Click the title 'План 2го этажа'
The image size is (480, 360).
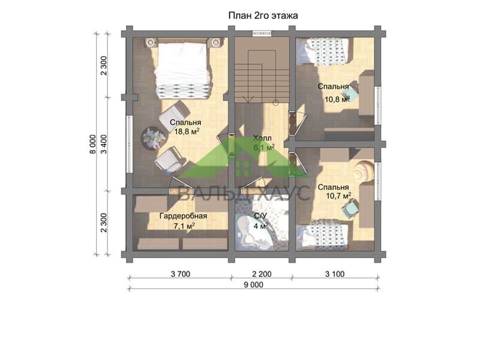[263, 16]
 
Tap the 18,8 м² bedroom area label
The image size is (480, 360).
[187, 131]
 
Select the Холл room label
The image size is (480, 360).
[262, 138]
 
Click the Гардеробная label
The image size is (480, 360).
[183, 216]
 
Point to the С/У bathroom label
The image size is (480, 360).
[260, 216]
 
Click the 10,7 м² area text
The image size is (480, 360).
[338, 196]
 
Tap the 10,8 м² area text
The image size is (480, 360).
[337, 99]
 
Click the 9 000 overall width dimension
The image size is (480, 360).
[253, 285]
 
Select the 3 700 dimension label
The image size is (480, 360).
[181, 274]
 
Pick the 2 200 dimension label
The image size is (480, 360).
[262, 274]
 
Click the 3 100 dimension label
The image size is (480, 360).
[335, 274]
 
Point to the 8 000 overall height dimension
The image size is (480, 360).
[93, 144]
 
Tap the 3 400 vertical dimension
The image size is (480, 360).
[104, 144]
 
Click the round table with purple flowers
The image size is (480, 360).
[154, 138]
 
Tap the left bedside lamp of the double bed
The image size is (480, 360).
[151, 42]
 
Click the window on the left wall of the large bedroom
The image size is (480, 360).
[130, 144]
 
